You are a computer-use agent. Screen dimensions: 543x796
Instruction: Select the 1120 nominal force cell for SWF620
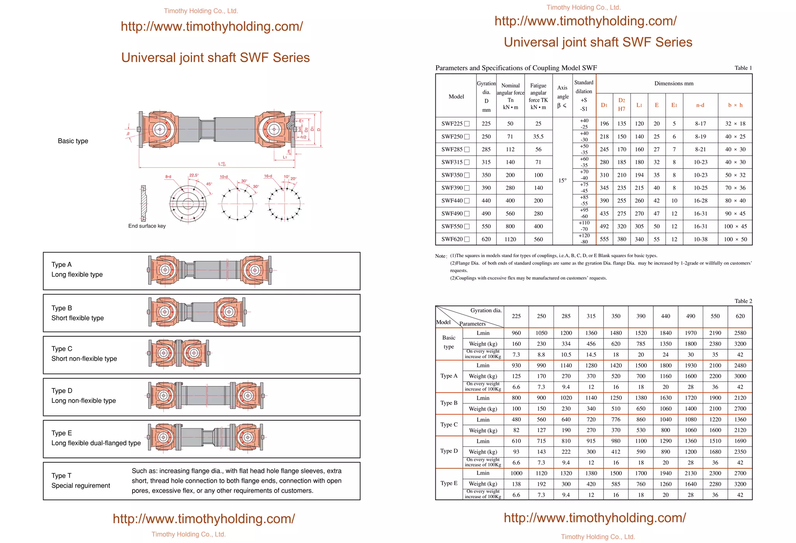click(x=510, y=239)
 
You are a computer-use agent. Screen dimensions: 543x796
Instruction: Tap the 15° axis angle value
click(x=562, y=181)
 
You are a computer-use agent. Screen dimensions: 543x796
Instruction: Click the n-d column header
click(x=700, y=105)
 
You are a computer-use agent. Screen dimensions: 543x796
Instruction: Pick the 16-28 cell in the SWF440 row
click(x=700, y=201)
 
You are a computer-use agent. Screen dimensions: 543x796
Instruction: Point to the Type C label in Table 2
click(x=449, y=425)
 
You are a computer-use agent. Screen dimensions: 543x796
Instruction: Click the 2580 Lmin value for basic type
click(x=740, y=333)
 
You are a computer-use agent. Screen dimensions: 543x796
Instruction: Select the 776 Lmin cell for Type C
click(x=616, y=420)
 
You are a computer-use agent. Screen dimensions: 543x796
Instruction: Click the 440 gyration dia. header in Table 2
click(x=665, y=317)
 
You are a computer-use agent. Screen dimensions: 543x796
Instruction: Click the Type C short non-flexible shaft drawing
click(x=179, y=353)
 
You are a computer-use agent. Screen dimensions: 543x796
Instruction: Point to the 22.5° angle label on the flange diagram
click(x=194, y=176)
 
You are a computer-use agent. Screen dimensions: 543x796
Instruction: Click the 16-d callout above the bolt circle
click(x=268, y=176)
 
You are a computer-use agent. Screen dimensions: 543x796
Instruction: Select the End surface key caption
click(x=147, y=226)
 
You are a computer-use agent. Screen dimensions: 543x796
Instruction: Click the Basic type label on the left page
click(x=73, y=141)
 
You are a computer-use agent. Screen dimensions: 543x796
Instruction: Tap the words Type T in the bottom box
click(x=61, y=476)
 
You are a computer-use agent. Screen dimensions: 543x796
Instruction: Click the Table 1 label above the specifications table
click(x=743, y=68)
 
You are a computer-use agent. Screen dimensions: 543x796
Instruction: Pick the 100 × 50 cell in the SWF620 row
click(x=735, y=239)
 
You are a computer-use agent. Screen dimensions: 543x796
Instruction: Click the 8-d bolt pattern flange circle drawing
click(x=188, y=204)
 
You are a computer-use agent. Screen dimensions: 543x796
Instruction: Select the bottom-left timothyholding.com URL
click(x=204, y=519)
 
